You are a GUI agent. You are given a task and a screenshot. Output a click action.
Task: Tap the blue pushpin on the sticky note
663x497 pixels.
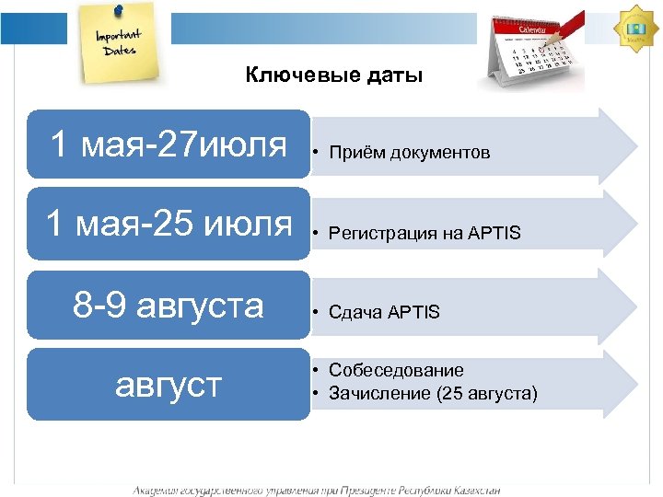(118, 10)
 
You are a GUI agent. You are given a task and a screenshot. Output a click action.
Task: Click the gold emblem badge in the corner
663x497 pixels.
(635, 27)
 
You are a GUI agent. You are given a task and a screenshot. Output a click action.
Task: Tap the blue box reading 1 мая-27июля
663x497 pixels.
(169, 144)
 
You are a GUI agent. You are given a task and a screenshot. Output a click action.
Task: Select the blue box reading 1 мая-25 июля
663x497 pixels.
(169, 224)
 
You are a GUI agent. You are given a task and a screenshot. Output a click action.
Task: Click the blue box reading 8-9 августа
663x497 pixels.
(169, 305)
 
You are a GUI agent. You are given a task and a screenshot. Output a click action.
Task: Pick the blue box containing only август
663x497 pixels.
(169, 384)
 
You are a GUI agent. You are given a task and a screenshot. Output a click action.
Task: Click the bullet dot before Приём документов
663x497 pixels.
(315, 153)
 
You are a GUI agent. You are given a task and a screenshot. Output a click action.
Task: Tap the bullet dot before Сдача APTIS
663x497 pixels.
(315, 313)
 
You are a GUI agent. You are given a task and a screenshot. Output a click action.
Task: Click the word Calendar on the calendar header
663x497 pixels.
(534, 29)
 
